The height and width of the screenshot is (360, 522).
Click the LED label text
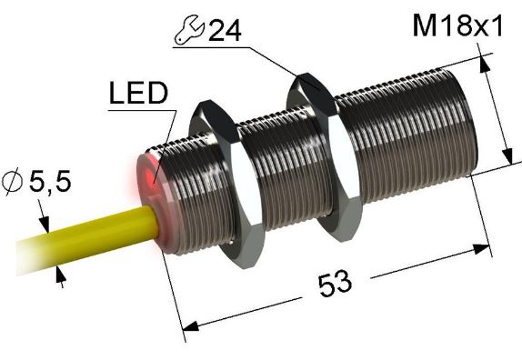(x=137, y=95)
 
